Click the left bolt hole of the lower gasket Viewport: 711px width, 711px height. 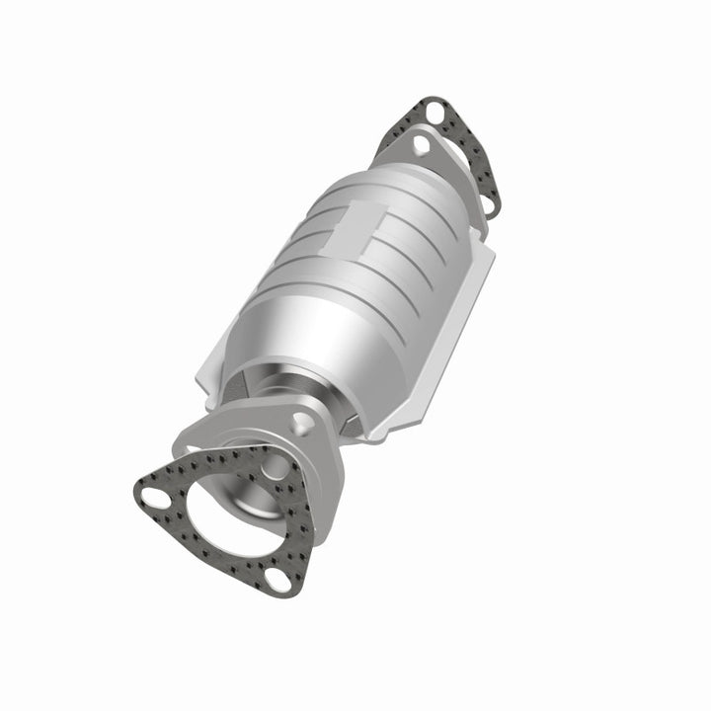(152, 492)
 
